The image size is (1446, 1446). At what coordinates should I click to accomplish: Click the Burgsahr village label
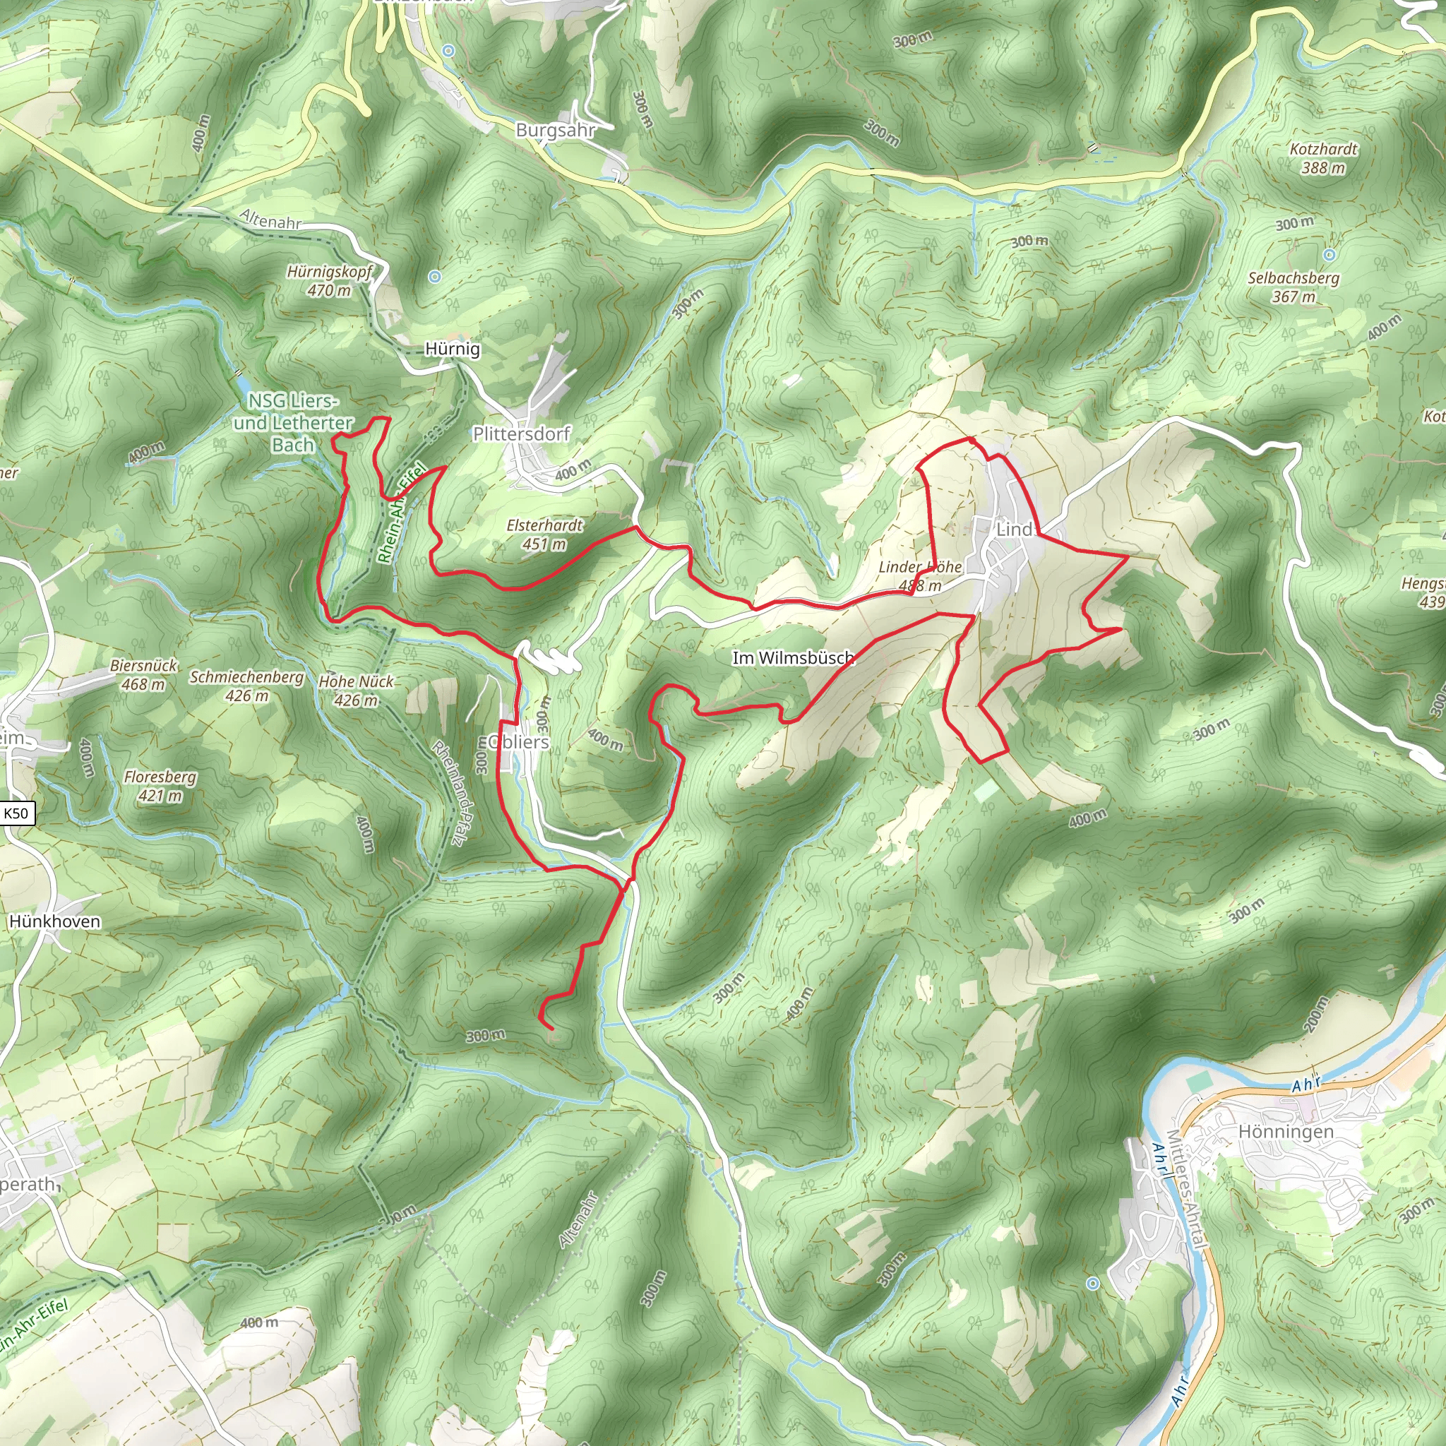pyautogui.click(x=556, y=130)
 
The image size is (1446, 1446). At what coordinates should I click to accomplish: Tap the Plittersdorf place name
pyautogui.click(x=521, y=434)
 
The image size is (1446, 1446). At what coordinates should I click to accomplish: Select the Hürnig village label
pyautogui.click(x=452, y=349)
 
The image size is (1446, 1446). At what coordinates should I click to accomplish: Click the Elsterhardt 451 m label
pyautogui.click(x=544, y=534)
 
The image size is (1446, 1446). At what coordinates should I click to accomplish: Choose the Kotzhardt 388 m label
pyautogui.click(x=1323, y=159)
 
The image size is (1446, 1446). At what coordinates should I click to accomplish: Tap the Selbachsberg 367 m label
pyautogui.click(x=1293, y=287)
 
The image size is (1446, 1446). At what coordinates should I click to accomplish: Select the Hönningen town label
pyautogui.click(x=1286, y=1132)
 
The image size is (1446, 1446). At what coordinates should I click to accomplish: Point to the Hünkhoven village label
pyautogui.click(x=54, y=921)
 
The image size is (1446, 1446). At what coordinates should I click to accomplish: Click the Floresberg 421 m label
pyautogui.click(x=160, y=786)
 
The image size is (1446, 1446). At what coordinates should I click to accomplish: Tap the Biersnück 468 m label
pyautogui.click(x=144, y=674)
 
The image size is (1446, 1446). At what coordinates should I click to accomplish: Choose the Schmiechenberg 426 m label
pyautogui.click(x=246, y=686)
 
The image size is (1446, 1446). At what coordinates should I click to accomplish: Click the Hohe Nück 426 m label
pyautogui.click(x=356, y=690)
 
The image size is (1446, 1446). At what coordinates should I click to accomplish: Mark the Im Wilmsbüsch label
pyautogui.click(x=793, y=658)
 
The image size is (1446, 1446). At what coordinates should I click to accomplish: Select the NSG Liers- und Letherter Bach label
pyautogui.click(x=292, y=423)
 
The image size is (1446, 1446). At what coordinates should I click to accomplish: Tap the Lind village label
pyautogui.click(x=1014, y=529)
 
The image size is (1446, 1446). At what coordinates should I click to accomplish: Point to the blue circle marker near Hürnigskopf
pyautogui.click(x=435, y=277)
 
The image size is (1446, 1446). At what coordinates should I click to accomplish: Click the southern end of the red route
pyautogui.click(x=551, y=1030)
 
